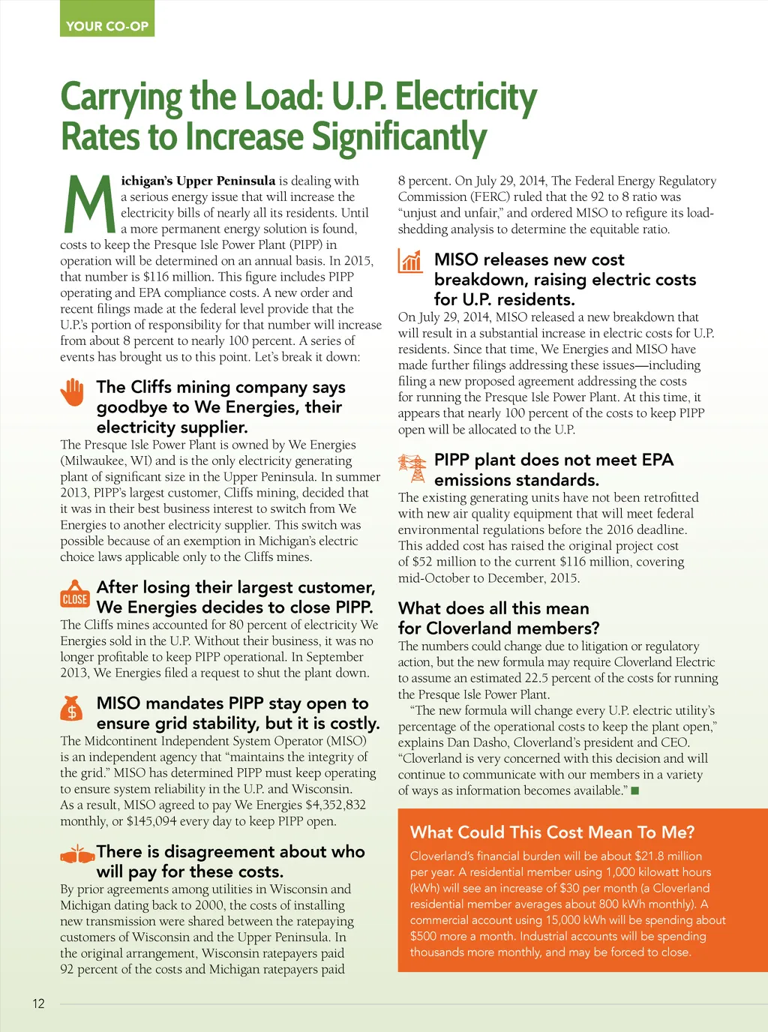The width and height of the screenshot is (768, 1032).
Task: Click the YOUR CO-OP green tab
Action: click(x=106, y=25)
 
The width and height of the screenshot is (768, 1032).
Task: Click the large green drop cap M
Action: click(x=88, y=204)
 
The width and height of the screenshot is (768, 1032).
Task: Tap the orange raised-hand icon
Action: click(x=73, y=392)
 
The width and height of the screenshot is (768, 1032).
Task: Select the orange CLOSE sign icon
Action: click(x=75, y=595)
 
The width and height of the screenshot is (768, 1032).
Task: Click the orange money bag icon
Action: click(x=72, y=709)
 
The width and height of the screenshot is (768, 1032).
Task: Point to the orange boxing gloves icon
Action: click(x=76, y=854)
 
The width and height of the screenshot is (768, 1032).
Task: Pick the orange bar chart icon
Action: click(x=411, y=260)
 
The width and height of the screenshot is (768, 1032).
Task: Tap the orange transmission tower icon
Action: click(x=412, y=468)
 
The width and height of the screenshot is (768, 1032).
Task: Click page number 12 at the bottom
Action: click(x=38, y=1003)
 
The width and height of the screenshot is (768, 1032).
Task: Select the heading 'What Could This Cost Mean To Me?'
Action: click(x=552, y=832)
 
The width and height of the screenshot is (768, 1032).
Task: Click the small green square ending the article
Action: click(x=634, y=790)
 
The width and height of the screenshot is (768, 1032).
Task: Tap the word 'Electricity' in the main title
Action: click(x=466, y=97)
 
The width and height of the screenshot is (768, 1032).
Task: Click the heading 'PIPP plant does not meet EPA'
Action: click(x=553, y=460)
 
